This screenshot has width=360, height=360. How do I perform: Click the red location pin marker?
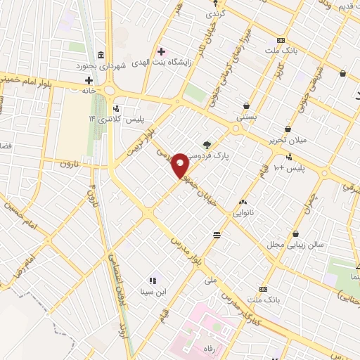coord(181,165)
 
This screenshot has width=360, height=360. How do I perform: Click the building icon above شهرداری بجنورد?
coord(101,55)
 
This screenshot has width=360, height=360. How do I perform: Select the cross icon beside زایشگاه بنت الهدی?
coord(162,51)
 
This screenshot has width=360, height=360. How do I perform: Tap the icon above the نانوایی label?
coord(243,202)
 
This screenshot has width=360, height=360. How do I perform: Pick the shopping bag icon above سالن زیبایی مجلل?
coord(295,233)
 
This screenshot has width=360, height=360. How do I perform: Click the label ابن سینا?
coord(152,291)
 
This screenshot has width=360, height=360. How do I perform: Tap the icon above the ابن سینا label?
coord(152,281)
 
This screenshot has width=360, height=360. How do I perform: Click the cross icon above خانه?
coord(89,80)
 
